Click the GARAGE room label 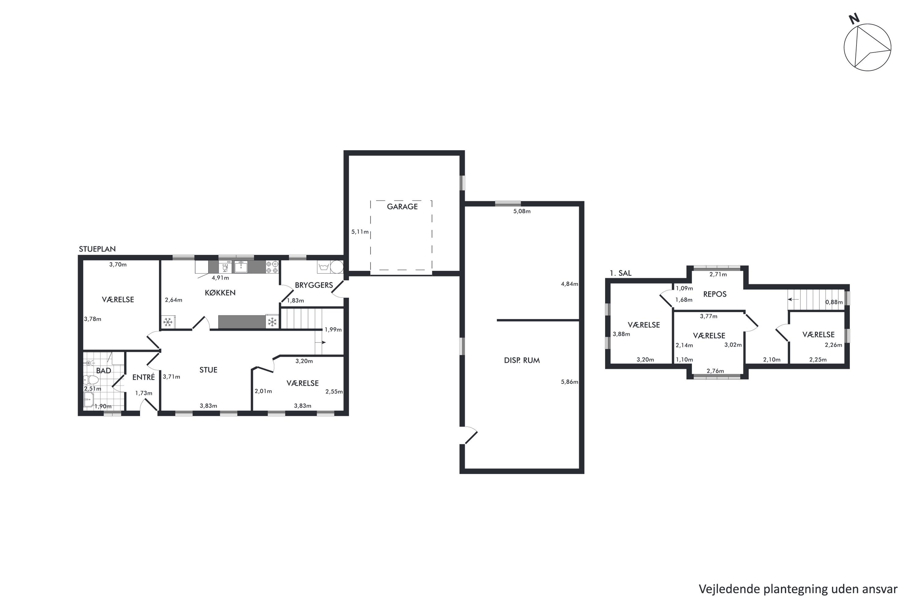click(x=402, y=207)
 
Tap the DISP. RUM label click(x=522, y=360)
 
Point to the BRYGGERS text click(x=314, y=285)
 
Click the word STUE click(x=208, y=370)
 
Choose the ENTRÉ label click(x=143, y=377)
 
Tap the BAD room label click(x=104, y=371)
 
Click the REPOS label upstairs click(x=715, y=294)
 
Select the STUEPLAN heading click(x=97, y=249)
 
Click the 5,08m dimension click(x=522, y=211)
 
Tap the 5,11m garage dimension click(x=360, y=232)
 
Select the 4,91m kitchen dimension click(x=220, y=278)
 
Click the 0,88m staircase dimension click(x=834, y=302)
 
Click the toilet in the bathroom click(x=90, y=379)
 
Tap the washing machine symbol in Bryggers click(x=323, y=267)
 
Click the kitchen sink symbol click(x=241, y=267)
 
